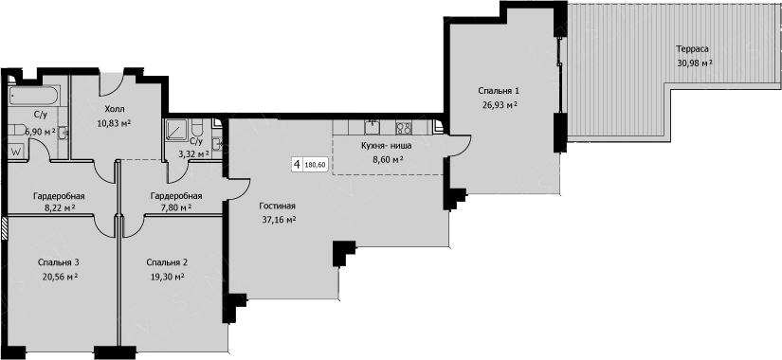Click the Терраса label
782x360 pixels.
692,49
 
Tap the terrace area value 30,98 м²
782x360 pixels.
695,63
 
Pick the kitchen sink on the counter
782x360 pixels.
373,128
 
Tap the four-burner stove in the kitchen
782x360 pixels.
404,128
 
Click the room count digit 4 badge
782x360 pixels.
298,165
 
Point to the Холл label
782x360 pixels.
114,109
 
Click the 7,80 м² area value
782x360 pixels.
175,207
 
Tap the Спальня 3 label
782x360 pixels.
59,262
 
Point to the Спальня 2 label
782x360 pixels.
168,262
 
